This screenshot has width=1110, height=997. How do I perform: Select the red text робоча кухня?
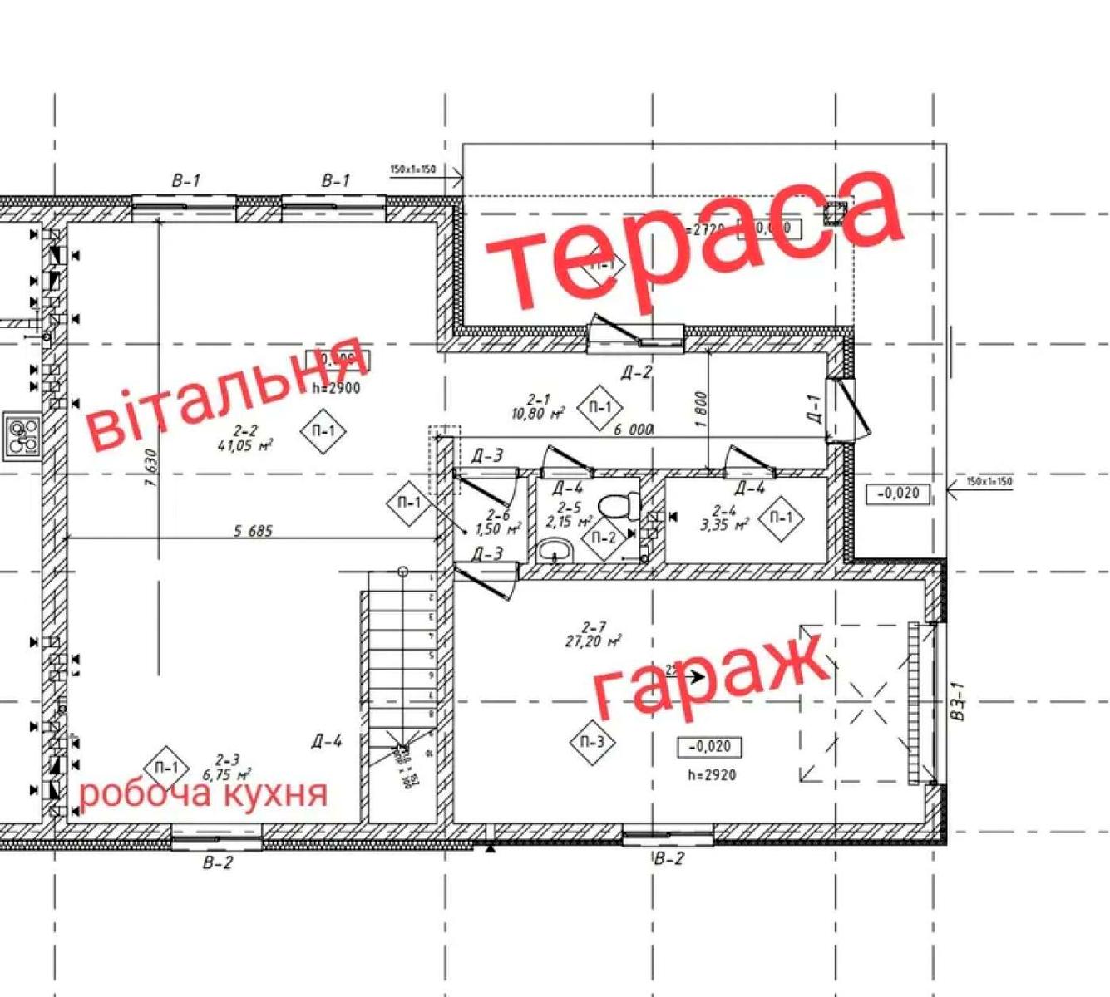tap(203, 793)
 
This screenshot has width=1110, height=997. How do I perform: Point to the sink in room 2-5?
tap(554, 549)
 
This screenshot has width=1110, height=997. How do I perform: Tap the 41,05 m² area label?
tap(253, 445)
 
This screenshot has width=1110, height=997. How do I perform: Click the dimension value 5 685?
tap(253, 531)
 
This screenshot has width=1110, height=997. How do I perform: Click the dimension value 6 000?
tap(633, 430)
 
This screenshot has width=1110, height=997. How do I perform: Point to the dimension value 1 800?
tap(700, 410)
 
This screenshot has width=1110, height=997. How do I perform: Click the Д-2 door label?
tap(636, 372)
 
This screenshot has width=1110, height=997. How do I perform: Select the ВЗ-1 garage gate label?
tap(956, 702)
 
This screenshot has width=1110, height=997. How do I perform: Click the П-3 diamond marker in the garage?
tap(592, 741)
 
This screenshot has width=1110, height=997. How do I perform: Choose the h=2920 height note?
tap(712, 775)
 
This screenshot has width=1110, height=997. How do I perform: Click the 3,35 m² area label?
tap(725, 524)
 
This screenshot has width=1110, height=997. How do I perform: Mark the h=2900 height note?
tap(337, 387)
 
